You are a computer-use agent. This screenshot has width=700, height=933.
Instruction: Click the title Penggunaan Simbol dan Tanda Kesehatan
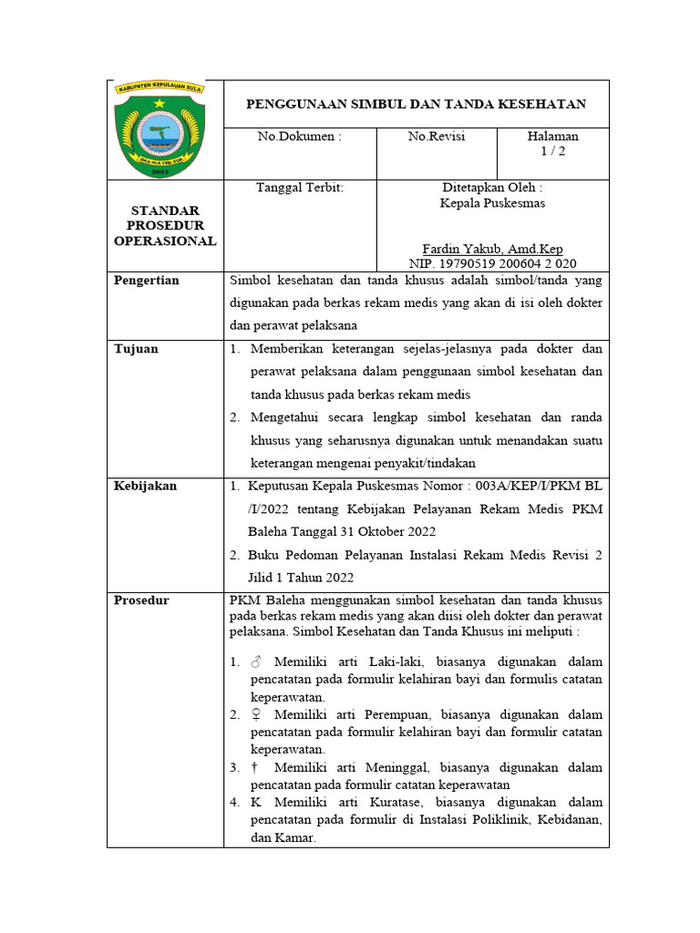pos(416,105)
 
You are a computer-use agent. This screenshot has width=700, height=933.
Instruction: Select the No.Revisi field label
pos(436,137)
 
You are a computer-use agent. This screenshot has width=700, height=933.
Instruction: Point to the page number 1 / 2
pos(552,152)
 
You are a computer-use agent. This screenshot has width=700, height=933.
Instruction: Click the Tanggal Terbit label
pos(299,187)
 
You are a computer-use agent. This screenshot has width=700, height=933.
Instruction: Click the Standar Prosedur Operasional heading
pos(165,226)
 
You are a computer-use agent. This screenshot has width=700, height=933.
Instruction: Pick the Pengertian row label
pos(147,281)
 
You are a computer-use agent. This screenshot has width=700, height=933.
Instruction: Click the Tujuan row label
pos(136,349)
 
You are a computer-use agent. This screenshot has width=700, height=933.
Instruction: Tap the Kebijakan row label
pos(145,487)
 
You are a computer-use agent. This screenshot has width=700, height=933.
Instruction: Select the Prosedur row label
pos(141,600)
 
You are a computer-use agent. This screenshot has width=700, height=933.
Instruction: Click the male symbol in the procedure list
pos(255,662)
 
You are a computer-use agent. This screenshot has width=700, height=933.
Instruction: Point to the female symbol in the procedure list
pos(255,715)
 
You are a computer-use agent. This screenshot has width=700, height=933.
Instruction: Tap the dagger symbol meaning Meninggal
pos(254,768)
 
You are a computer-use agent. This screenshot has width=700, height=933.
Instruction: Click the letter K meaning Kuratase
pos(255,803)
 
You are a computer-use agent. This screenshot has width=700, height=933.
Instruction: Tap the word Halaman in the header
pos(552,137)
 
